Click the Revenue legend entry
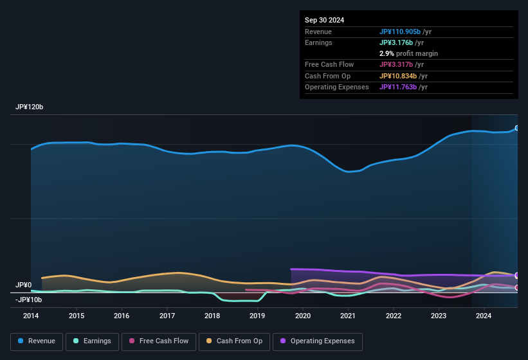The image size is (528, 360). pyautogui.click(x=37, y=341)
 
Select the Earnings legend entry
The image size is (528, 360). pyautogui.click(x=91, y=341)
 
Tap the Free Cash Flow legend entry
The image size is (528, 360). pyautogui.click(x=159, y=341)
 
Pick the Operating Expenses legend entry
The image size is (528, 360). pyautogui.click(x=318, y=341)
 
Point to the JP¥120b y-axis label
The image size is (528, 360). pyautogui.click(x=29, y=107)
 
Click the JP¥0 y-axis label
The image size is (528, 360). pyautogui.click(x=24, y=285)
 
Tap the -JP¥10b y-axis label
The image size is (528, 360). pyautogui.click(x=28, y=300)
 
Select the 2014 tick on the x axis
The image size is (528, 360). pyautogui.click(x=31, y=316)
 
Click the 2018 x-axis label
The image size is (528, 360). pyautogui.click(x=212, y=316)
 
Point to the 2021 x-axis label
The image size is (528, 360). pyautogui.click(x=348, y=316)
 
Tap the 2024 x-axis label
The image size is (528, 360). pyautogui.click(x=484, y=316)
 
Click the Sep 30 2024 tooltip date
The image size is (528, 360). pyautogui.click(x=324, y=20)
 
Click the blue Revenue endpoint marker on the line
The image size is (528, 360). pyautogui.click(x=517, y=129)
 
